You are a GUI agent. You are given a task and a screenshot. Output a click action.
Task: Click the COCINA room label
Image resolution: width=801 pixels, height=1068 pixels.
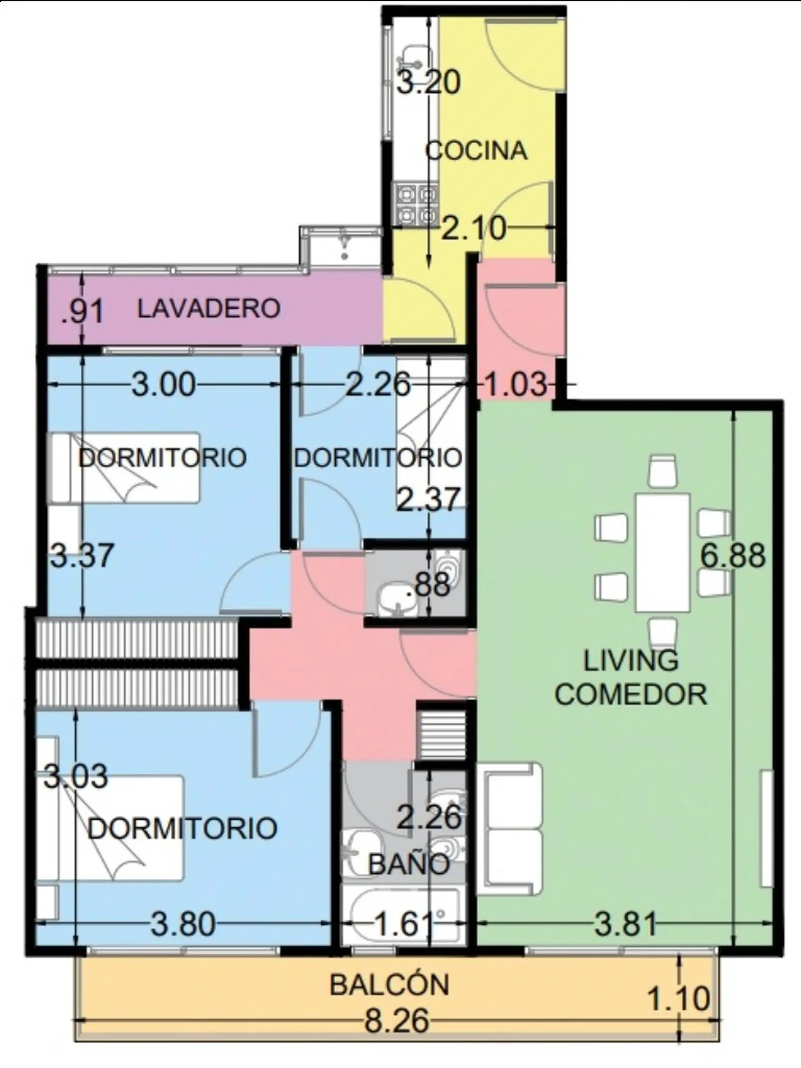476,151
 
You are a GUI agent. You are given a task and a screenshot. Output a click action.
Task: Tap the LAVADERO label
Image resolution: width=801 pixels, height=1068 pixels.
209,309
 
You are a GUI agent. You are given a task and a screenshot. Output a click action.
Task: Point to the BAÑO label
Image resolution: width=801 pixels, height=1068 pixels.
409,864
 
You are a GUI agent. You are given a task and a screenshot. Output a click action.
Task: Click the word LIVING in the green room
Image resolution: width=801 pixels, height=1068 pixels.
631,661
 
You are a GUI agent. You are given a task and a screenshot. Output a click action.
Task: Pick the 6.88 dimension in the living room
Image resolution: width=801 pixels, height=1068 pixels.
733,556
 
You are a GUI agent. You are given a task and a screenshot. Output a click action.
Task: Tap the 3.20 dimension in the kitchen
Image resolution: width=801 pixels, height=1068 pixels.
429,83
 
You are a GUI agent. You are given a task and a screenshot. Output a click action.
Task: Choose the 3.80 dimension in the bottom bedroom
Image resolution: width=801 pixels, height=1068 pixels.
183,925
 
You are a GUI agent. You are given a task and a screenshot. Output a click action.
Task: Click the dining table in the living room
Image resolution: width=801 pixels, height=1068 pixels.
662,552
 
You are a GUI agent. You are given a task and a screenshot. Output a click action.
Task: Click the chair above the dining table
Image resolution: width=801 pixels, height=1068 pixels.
662,470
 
